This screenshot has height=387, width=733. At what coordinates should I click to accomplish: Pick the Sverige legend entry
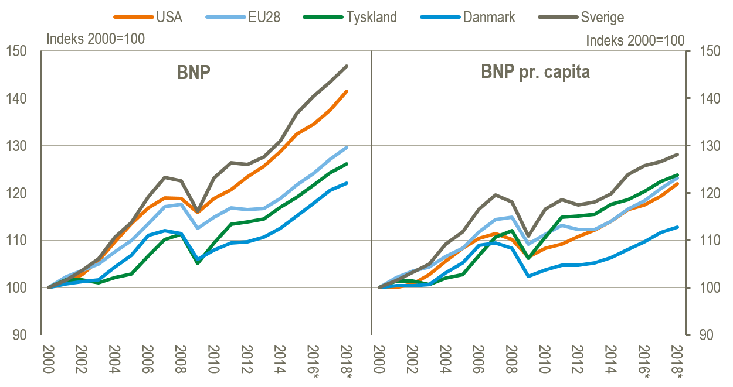pyautogui.click(x=592, y=17)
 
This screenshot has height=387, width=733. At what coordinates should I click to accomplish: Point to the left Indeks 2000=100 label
pyautogui.click(x=96, y=39)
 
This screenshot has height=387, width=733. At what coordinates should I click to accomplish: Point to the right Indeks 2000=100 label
pyautogui.click(x=635, y=40)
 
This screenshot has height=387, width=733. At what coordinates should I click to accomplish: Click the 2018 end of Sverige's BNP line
pyautogui.click(x=347, y=66)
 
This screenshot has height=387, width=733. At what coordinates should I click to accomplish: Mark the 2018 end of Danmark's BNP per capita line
pyautogui.click(x=677, y=227)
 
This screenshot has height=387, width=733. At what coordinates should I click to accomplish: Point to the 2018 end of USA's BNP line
pyautogui.click(x=347, y=91)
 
